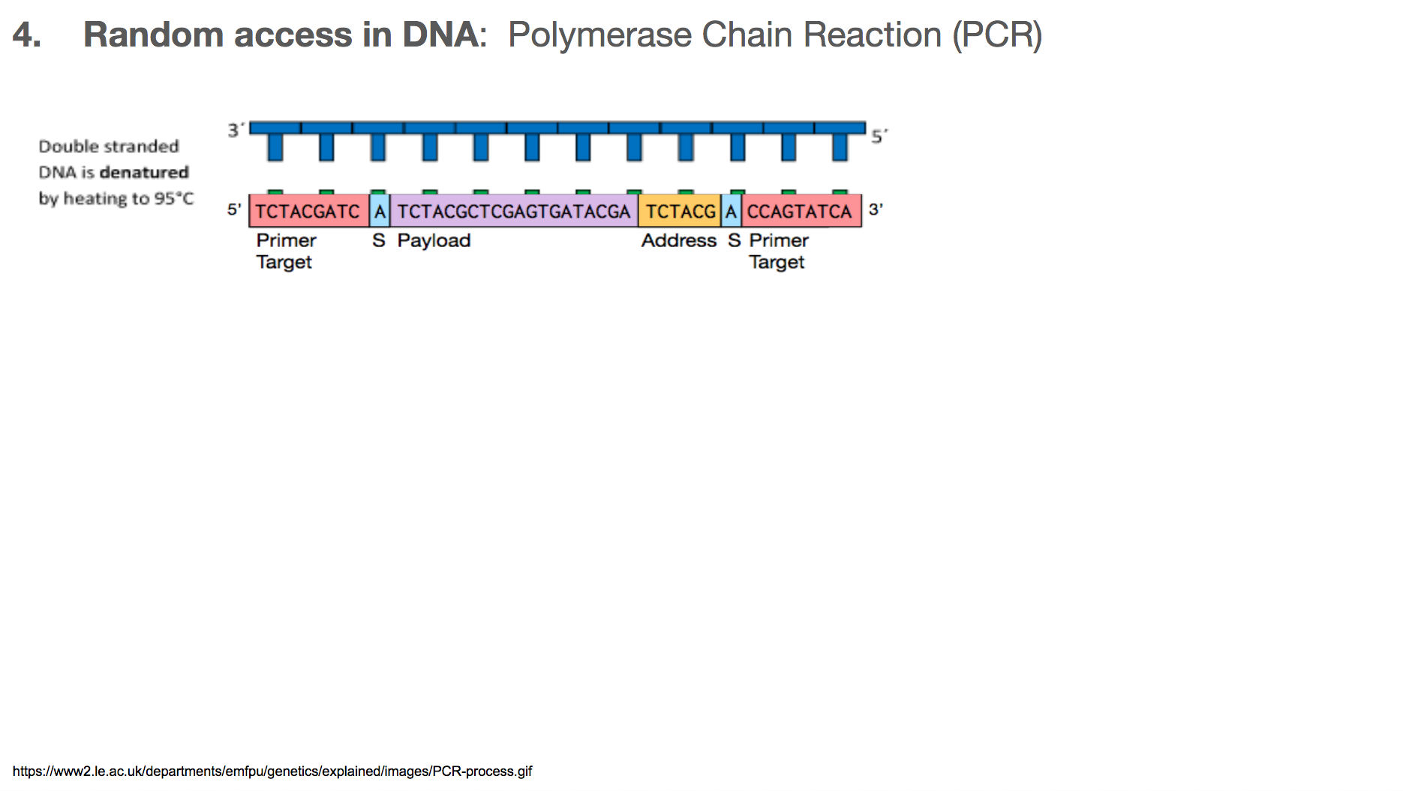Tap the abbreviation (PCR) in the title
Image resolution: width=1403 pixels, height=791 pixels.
tap(997, 35)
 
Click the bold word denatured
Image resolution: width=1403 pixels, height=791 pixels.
tap(144, 173)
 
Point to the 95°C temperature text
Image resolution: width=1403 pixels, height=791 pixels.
tap(174, 199)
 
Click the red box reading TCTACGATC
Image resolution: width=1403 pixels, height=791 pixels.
tap(309, 211)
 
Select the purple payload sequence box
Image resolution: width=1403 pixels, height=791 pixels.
tap(514, 211)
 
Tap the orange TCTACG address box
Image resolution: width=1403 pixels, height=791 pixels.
tap(680, 211)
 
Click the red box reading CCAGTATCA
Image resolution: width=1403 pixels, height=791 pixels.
tap(801, 211)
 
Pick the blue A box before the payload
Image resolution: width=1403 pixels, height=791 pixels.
tap(380, 211)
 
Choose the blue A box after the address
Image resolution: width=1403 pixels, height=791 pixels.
tap(731, 211)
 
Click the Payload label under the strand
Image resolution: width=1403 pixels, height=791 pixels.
tap(434, 241)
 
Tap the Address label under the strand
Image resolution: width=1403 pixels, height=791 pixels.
tap(679, 241)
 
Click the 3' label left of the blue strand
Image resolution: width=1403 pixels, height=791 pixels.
tap(236, 130)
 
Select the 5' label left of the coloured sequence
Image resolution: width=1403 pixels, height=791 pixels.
tap(234, 209)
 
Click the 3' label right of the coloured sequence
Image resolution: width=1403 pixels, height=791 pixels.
tap(876, 209)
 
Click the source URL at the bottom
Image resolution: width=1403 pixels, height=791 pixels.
tap(272, 771)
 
